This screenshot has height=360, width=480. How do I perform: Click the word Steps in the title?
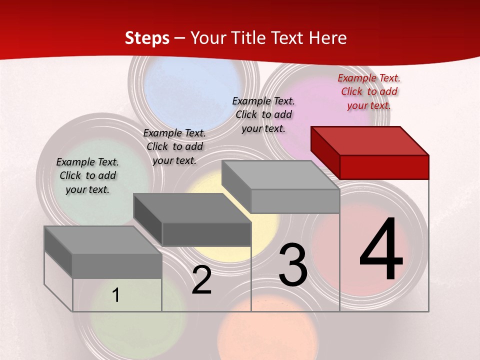click(x=147, y=38)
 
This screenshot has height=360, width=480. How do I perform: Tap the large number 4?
click(x=381, y=250)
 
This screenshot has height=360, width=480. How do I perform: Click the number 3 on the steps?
click(x=293, y=265)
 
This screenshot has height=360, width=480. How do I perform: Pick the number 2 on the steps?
click(x=202, y=280)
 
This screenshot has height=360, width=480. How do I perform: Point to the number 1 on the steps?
click(x=116, y=295)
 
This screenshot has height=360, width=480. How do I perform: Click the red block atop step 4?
click(x=370, y=152)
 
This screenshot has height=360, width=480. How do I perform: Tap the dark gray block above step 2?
click(x=192, y=219)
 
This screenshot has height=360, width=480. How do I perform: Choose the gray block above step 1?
click(x=103, y=252)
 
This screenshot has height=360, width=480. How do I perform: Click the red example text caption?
click(x=369, y=91)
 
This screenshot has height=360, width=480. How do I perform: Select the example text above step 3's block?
click(x=263, y=114)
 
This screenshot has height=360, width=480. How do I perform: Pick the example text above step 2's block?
click(x=174, y=146)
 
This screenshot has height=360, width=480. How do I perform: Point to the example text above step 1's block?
click(x=87, y=175)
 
